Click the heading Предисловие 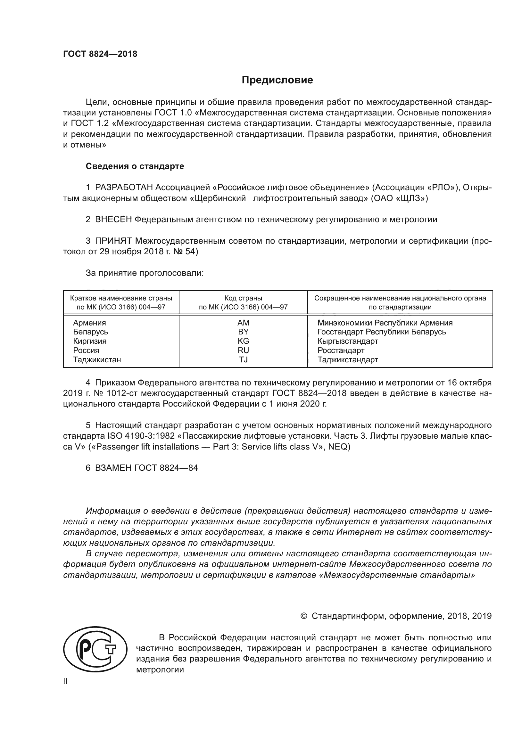(277, 80)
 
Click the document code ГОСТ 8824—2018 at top (100, 54)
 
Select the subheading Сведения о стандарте (135, 166)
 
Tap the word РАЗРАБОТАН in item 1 (124, 188)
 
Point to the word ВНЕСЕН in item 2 (113, 220)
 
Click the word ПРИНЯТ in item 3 (113, 241)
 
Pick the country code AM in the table (243, 323)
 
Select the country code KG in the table (243, 341)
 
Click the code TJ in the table (243, 360)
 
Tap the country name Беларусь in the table (90, 332)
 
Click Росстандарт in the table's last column (341, 350)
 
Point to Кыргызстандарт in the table (348, 341)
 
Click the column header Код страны (243, 298)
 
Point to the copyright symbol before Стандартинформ (303, 616)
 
